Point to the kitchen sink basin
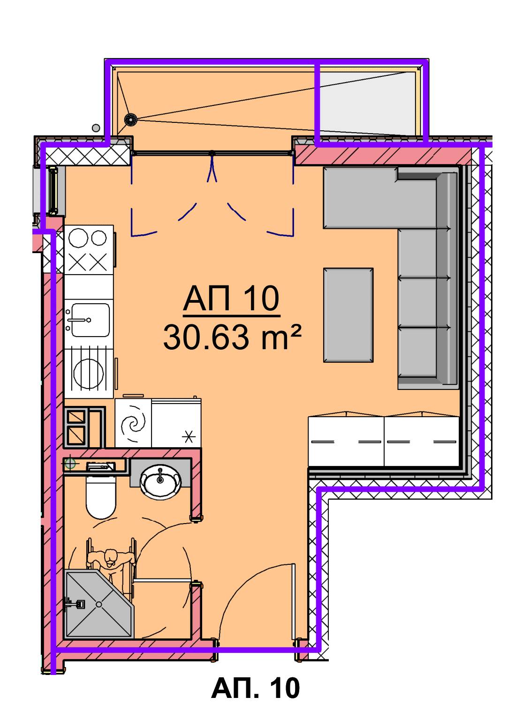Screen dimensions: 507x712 91,320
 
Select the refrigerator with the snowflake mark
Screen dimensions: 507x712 176,422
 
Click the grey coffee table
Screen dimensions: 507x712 348,315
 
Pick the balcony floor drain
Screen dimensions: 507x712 130,119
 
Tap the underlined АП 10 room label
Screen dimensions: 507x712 232,299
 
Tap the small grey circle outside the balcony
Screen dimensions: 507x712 96,128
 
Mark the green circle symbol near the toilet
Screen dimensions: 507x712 70,464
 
